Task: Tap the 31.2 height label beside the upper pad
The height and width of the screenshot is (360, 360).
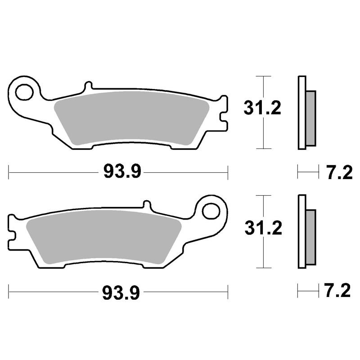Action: pyautogui.click(x=262, y=108)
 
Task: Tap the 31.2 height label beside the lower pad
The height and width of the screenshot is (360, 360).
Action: pyautogui.click(x=263, y=228)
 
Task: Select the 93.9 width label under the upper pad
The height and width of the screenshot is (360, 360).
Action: pyautogui.click(x=122, y=171)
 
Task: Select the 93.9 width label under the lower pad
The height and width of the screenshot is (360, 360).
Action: pyautogui.click(x=121, y=293)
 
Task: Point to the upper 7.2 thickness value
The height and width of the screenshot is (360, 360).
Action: pyautogui.click(x=340, y=173)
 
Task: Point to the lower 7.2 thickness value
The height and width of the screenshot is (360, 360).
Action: pyautogui.click(x=338, y=291)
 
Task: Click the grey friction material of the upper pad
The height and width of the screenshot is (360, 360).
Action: pyautogui.click(x=131, y=117)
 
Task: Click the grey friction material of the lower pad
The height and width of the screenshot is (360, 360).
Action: pyautogui.click(x=104, y=237)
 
